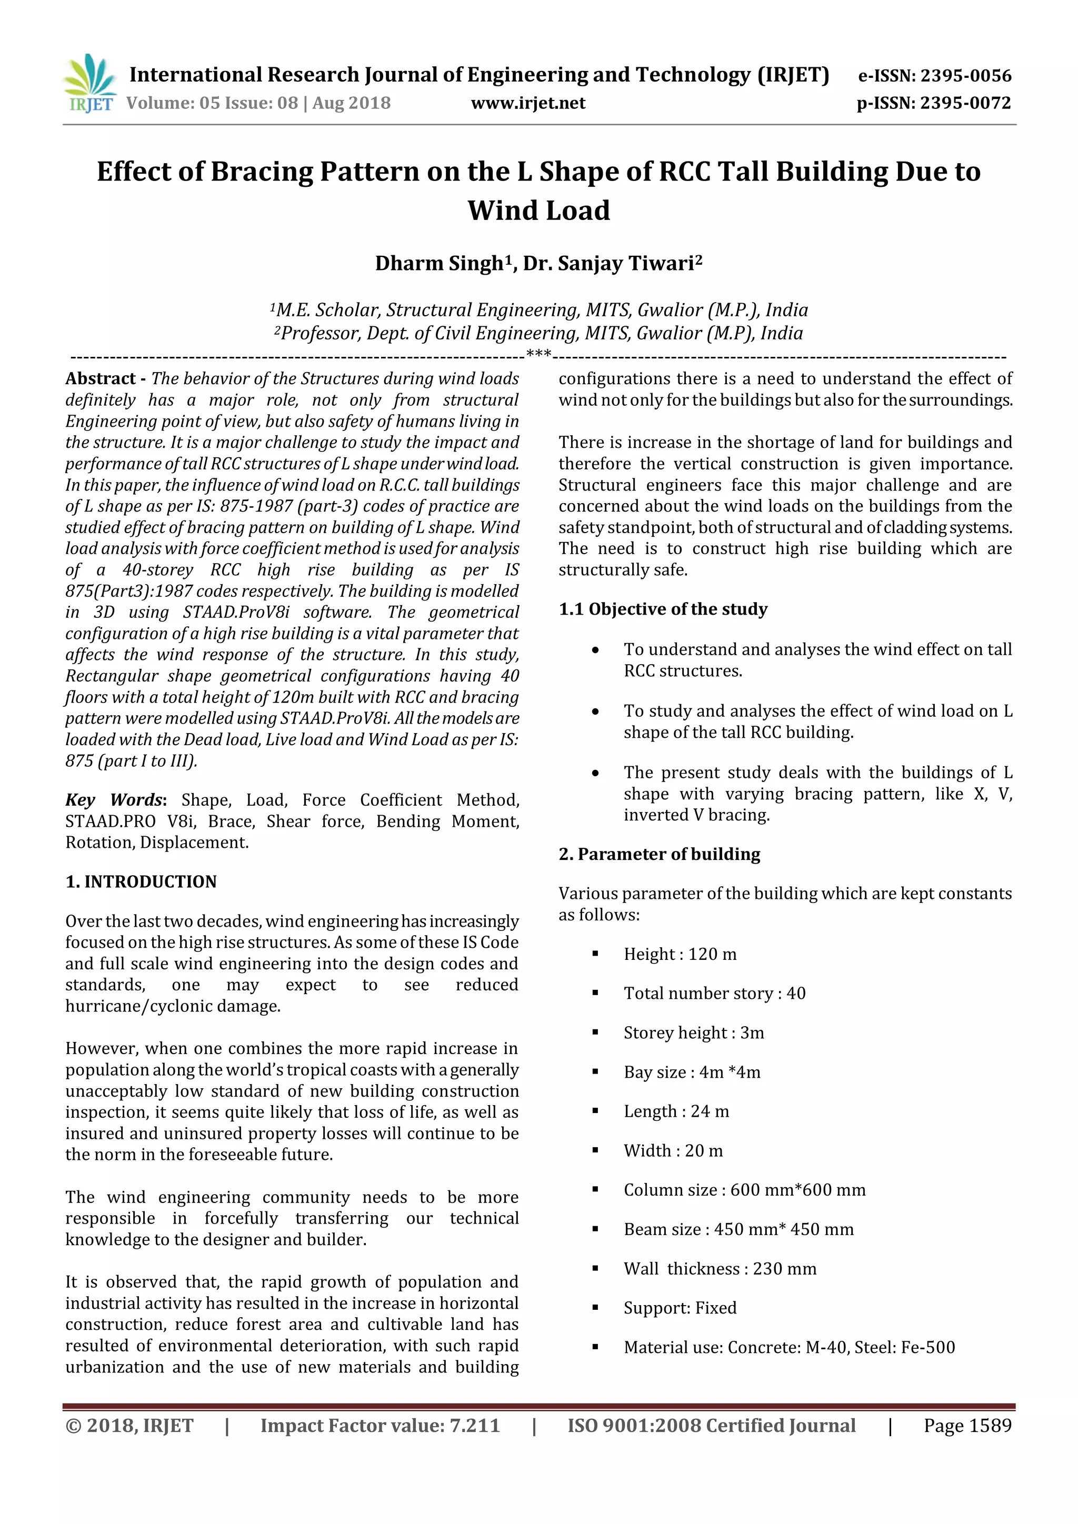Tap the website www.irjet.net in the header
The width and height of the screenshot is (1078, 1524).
[x=528, y=103]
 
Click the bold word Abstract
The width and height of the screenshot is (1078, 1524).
[x=100, y=378]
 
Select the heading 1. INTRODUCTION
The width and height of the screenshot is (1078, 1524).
[x=141, y=881]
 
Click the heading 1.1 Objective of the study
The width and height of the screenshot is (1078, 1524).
[x=663, y=609]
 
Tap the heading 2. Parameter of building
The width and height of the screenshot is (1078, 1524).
[x=659, y=854]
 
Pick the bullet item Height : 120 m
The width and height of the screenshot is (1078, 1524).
[x=680, y=954]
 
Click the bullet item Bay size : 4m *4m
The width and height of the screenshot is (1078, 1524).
[x=692, y=1072]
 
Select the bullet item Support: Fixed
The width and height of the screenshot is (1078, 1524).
[x=680, y=1308]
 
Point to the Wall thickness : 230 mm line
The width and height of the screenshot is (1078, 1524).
[x=720, y=1268]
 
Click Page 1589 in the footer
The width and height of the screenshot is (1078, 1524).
[x=967, y=1425]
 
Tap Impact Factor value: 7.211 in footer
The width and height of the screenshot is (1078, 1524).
[x=380, y=1425]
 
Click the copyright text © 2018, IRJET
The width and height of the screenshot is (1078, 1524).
[x=129, y=1425]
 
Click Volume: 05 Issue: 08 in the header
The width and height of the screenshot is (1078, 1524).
[x=213, y=103]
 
